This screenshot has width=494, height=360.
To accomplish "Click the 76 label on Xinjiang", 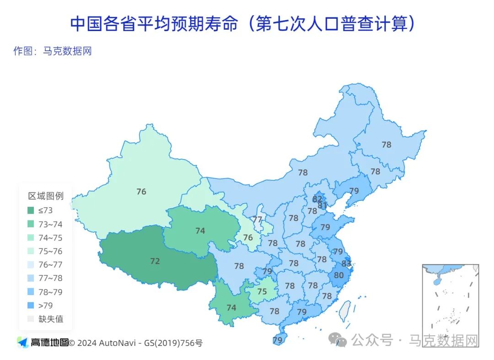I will (141, 192).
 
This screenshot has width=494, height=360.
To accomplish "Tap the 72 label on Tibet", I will (155, 261).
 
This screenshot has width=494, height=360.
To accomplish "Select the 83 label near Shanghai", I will (346, 263).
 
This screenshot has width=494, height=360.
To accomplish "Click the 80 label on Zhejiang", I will (338, 275).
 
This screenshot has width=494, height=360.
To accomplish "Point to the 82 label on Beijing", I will (317, 199).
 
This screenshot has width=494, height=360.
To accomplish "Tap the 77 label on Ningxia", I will (258, 220).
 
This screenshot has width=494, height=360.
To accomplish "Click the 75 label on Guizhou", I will (262, 291).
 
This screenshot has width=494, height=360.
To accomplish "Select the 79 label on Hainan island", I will (277, 340).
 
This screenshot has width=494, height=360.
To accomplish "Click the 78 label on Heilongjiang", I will (387, 145).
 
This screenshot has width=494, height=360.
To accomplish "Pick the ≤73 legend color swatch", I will (31, 210).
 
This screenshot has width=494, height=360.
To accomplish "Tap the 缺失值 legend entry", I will (50, 319).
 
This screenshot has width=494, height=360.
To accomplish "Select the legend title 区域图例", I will (46, 196).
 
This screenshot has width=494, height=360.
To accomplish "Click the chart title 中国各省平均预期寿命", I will (154, 24).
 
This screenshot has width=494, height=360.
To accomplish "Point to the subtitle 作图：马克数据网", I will (53, 51).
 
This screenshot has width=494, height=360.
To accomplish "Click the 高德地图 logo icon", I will (22, 342).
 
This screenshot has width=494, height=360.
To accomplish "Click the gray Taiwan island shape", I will (344, 311).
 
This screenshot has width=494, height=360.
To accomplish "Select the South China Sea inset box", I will (450, 305).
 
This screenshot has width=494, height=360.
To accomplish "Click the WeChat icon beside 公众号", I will (339, 340).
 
